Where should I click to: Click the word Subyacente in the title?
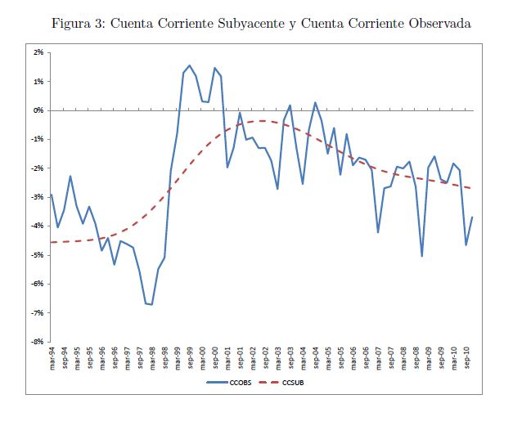234,23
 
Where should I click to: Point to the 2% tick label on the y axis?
38,52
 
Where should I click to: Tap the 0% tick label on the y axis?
38,110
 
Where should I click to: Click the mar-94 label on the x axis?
52,360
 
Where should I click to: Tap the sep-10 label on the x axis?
467,360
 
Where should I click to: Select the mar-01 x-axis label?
228,360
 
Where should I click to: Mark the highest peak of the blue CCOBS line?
189,65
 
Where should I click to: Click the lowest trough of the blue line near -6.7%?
152,305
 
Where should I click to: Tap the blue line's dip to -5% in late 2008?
422,256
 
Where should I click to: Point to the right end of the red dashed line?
473,189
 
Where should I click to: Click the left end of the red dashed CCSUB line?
52,242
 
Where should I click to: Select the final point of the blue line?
473,217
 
